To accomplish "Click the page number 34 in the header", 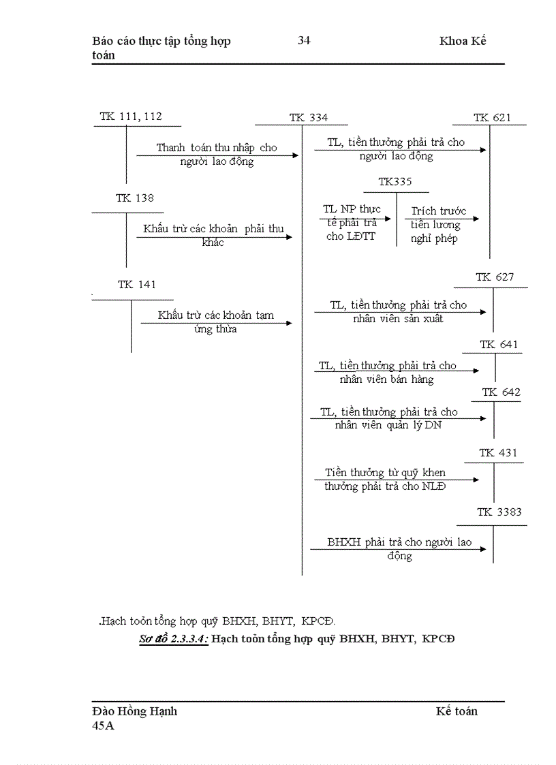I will (x=304, y=41).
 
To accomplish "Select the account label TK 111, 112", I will (x=131, y=116).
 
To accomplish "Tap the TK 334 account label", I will (x=308, y=118).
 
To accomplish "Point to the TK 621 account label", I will (x=492, y=118).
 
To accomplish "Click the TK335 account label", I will (x=395, y=182).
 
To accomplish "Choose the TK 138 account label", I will (x=135, y=198).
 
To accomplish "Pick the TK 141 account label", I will (x=137, y=285).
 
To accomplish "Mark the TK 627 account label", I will (x=495, y=277).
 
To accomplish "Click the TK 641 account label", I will (x=499, y=345).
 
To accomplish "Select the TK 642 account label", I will (x=501, y=392).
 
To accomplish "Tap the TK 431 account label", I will (x=498, y=453).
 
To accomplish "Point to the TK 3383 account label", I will (x=499, y=512).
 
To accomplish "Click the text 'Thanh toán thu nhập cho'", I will (x=217, y=148).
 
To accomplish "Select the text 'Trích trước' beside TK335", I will (x=438, y=211).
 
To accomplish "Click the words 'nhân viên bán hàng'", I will (x=386, y=379).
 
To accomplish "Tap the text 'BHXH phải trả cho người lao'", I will (x=399, y=543).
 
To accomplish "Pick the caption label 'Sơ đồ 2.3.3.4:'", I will (x=174, y=639).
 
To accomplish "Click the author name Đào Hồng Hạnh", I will (x=134, y=711).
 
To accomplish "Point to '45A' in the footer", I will (x=104, y=726).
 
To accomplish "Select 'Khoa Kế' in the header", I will (x=463, y=41).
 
